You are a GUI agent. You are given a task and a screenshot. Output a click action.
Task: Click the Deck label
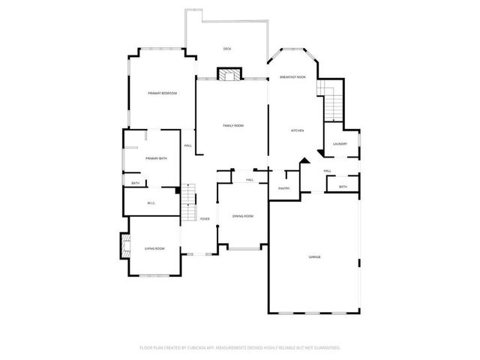pyautogui.click(x=227, y=49)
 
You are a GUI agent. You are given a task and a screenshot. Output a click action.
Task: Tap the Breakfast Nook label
pyautogui.click(x=293, y=77)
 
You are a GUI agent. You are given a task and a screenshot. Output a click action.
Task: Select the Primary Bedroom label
pyautogui.click(x=162, y=92)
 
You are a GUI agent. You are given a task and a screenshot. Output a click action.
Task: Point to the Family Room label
pyautogui.click(x=233, y=125)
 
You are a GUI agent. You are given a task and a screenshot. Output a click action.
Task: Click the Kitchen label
pyautogui.click(x=297, y=130)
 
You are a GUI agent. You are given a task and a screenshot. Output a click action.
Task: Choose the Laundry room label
pyautogui.click(x=340, y=144)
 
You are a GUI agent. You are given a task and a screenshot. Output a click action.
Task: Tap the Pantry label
pyautogui.click(x=284, y=188)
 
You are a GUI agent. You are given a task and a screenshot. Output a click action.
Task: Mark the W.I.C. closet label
pyautogui.click(x=151, y=202)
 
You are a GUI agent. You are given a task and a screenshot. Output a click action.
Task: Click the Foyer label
pyautogui.click(x=204, y=218)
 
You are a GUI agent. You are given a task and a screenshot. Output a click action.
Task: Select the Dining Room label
pyautogui.click(x=242, y=216)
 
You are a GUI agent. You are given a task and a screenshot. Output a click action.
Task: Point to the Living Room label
pyautogui.click(x=154, y=248)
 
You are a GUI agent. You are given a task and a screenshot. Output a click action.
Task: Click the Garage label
pyautogui.click(x=314, y=257)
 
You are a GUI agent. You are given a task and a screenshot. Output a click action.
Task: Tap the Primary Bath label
pyautogui.click(x=157, y=158)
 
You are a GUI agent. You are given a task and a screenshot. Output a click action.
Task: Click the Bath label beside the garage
pyautogui.click(x=343, y=187)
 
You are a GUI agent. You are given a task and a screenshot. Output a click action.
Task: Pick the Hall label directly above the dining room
pyautogui.click(x=249, y=180)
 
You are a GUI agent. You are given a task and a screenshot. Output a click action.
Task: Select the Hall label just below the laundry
pyautogui.click(x=328, y=171)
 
